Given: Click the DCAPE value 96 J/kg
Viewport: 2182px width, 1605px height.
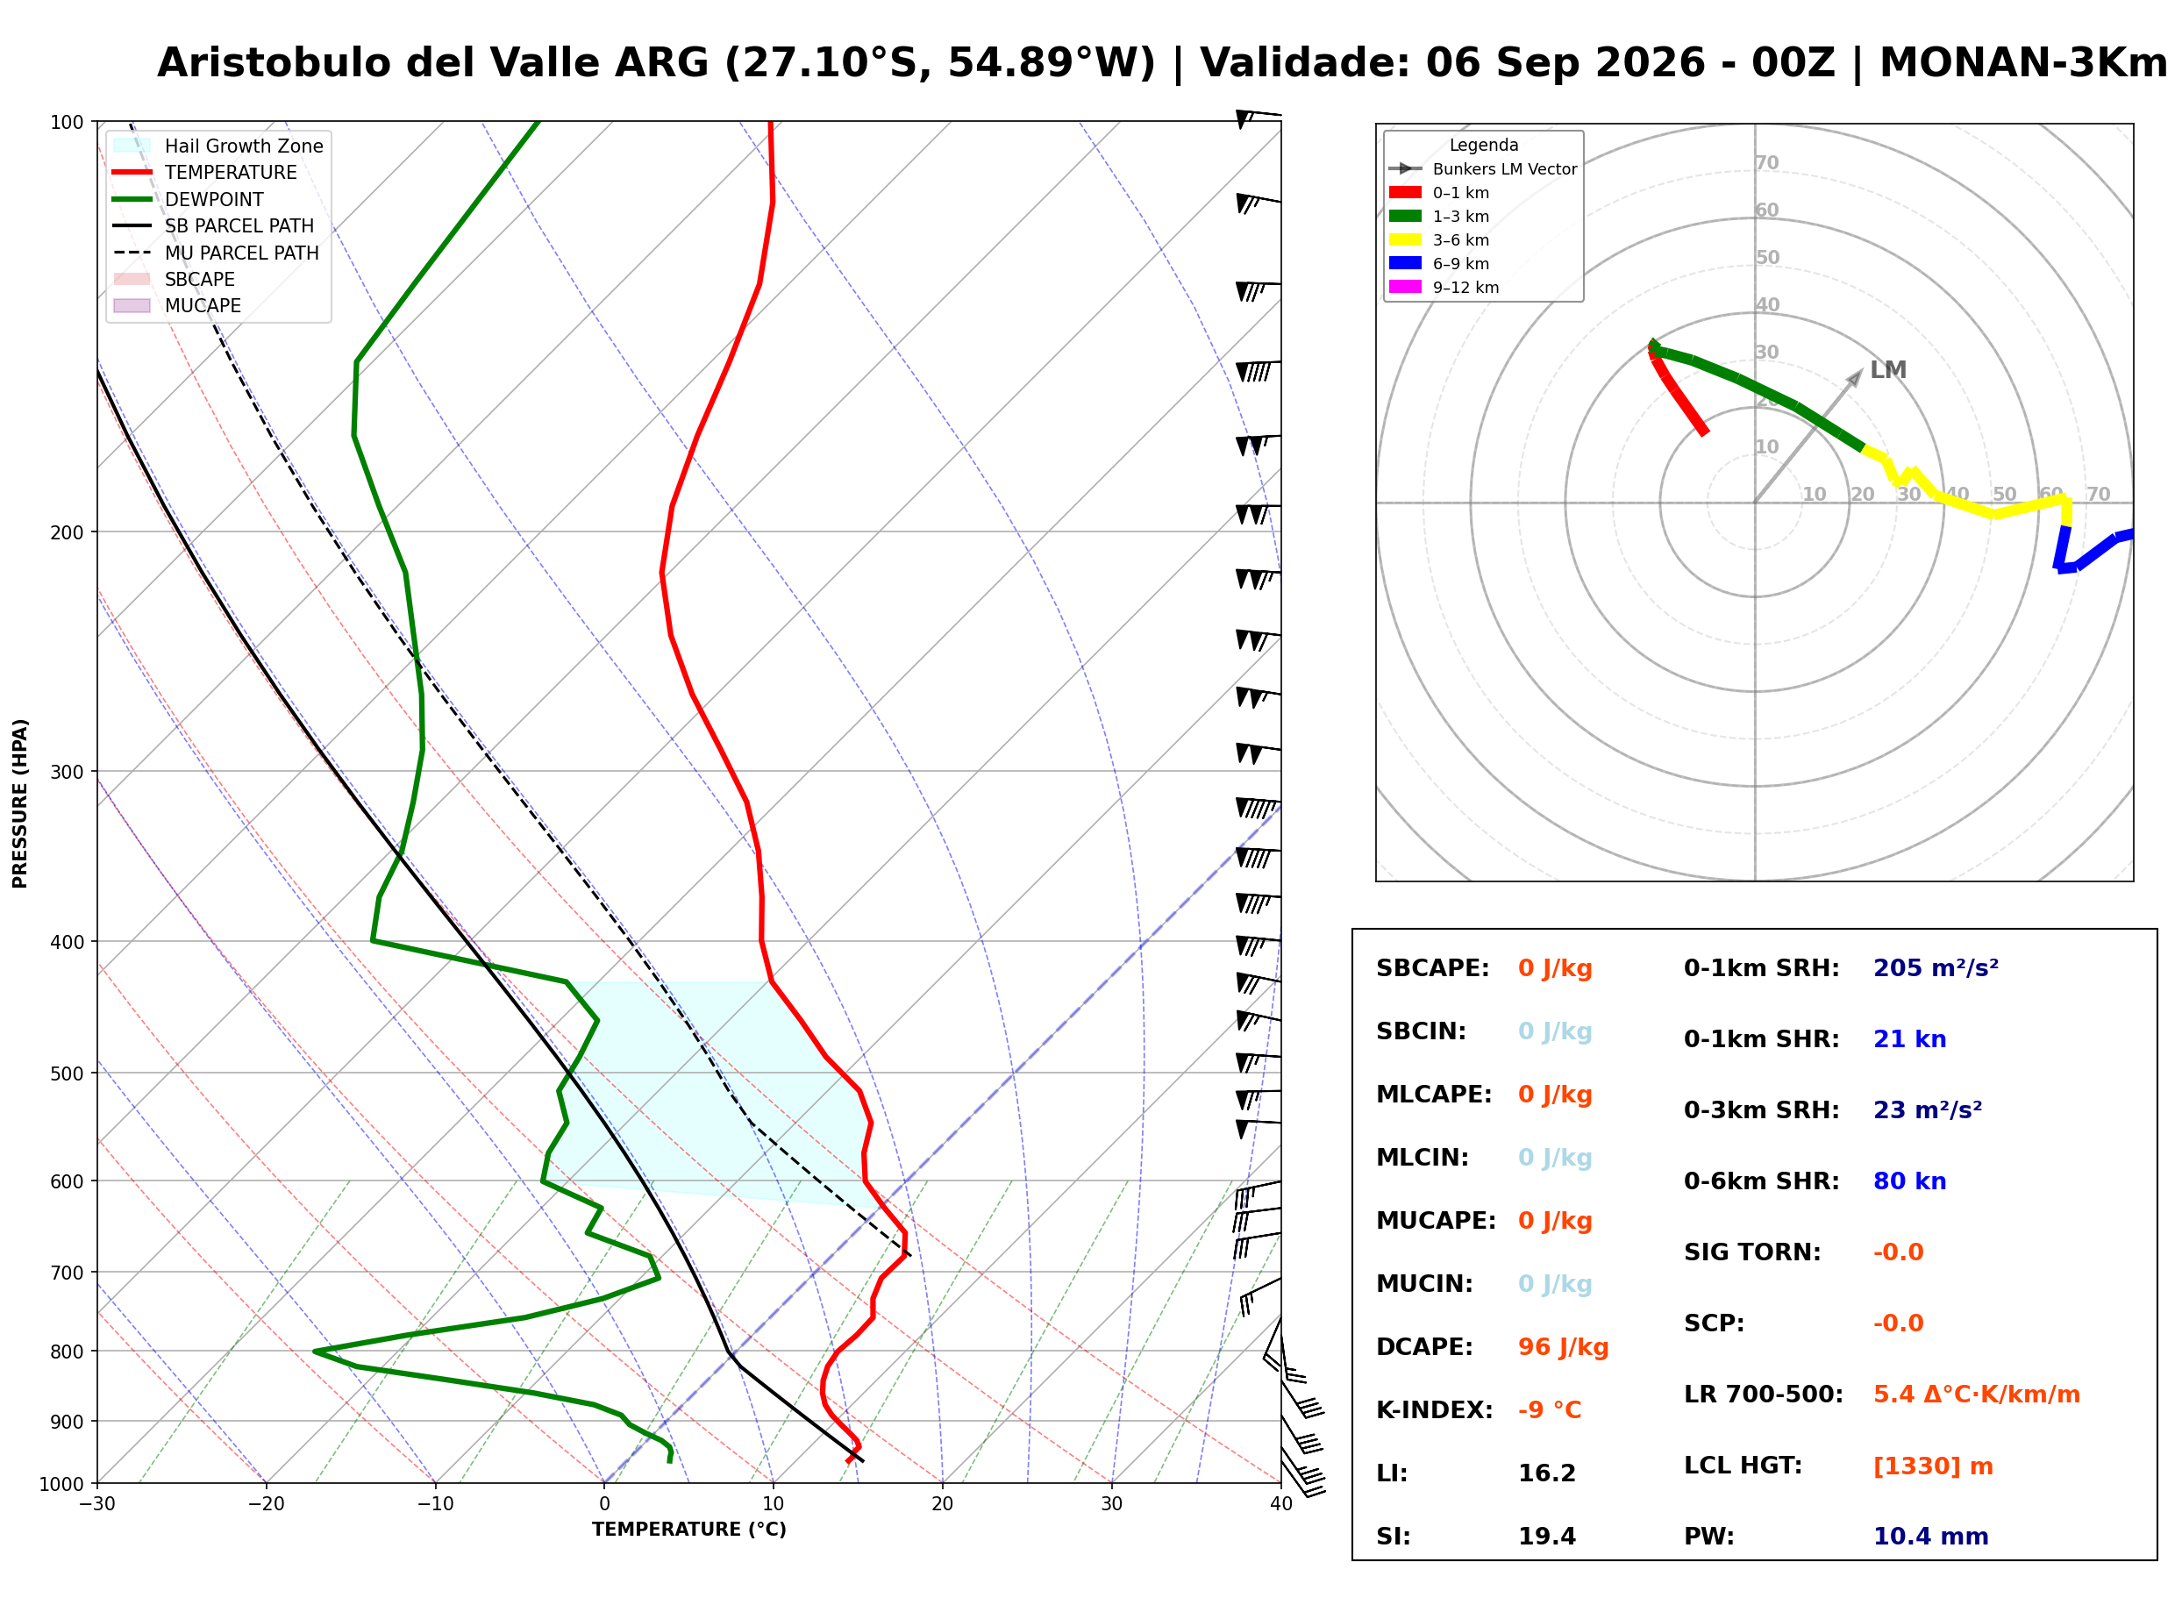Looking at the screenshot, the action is (x=1563, y=1347).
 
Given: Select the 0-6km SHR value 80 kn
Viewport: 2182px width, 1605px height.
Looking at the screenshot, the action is (x=1909, y=1181).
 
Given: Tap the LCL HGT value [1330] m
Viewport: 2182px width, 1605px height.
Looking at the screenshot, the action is (x=1932, y=1466).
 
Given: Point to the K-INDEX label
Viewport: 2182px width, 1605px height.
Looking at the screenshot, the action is (x=1434, y=1410).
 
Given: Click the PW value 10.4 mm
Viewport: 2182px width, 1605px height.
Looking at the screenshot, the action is (x=1930, y=1537).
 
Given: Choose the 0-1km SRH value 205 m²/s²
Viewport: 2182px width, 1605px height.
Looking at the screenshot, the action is (x=1936, y=968).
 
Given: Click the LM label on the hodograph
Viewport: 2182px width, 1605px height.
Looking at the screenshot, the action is (x=1887, y=370).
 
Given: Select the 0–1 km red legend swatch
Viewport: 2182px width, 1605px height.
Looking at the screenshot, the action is (x=1405, y=192).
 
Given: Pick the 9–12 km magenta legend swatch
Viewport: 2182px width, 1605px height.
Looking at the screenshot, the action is (x=1405, y=287).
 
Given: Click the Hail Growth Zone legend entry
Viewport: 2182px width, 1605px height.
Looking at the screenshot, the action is (x=218, y=146).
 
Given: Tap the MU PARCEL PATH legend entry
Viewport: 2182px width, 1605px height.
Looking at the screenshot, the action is (x=217, y=253).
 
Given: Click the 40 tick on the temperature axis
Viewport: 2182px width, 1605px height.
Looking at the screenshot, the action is (x=1281, y=1504).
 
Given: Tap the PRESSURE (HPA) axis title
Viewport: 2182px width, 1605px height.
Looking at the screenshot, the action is (x=20, y=803).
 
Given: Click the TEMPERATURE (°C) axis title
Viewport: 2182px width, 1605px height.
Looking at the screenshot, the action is (x=688, y=1530).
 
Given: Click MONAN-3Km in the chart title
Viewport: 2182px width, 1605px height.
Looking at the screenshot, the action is (x=2022, y=63).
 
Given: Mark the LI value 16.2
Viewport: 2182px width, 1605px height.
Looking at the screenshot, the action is (x=1547, y=1473).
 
